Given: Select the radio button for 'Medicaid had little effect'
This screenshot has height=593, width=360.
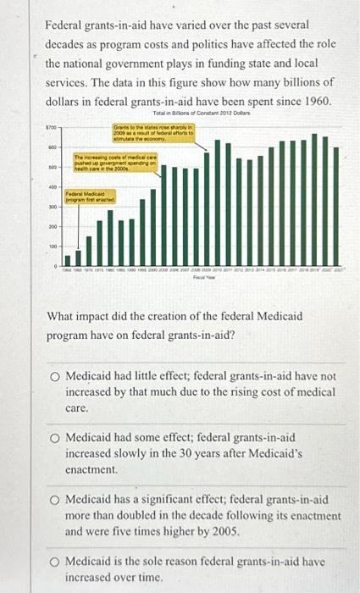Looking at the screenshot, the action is pyautogui.click(x=53, y=374).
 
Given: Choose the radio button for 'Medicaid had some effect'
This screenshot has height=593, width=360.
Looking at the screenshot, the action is pyautogui.click(x=53, y=437).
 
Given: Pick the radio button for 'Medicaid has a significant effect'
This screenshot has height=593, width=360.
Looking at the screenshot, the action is pyautogui.click(x=53, y=500).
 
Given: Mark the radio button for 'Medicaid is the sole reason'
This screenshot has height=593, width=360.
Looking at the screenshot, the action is pyautogui.click(x=53, y=562).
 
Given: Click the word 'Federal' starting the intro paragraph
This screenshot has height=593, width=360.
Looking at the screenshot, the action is pyautogui.click(x=66, y=25).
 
